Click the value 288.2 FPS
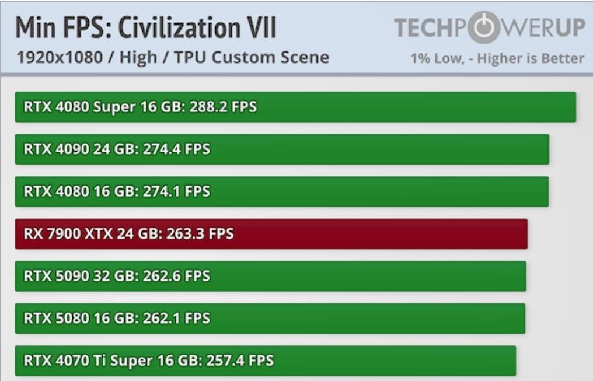(223, 107)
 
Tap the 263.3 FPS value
(200, 234)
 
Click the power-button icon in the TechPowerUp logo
(484, 27)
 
